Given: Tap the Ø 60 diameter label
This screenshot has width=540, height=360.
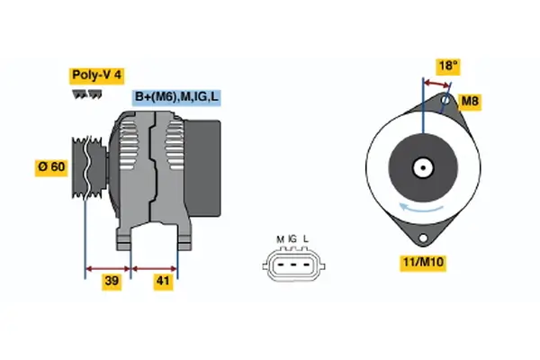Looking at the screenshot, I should pos(51,167).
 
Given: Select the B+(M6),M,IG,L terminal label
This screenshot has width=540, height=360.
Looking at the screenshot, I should pos(176,97).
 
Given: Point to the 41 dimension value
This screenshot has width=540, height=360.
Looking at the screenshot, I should pos(163,281).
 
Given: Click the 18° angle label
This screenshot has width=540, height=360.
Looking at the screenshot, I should pos(448,65).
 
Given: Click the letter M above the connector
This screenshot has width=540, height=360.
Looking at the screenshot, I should pos(280,238).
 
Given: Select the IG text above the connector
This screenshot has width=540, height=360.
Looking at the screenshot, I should pos(292,238).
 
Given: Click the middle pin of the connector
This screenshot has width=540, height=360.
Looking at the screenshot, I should pos(292,265).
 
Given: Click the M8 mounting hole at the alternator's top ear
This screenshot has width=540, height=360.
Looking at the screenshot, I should pos(446,101).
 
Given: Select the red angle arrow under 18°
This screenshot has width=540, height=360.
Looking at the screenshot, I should pos(437,84).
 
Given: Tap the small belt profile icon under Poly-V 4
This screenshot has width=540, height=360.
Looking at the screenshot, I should pos(88,95).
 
